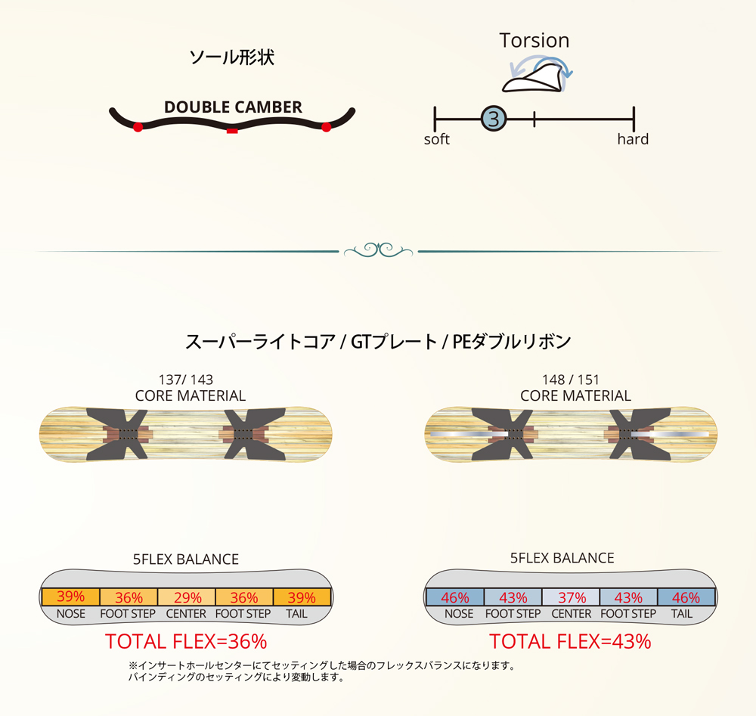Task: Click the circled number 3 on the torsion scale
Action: pos(494,118)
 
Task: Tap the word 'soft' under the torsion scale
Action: pos(437,139)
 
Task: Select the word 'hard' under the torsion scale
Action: pos(633,139)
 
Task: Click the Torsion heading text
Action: pos(534,40)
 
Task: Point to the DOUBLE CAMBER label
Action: pos(233,107)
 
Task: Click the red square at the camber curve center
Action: pos(232,131)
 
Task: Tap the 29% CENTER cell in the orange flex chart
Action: pos(186,597)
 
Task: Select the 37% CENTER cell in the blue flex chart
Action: pos(571,597)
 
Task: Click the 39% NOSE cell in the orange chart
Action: pos(70,597)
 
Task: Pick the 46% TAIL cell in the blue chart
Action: pos(686,597)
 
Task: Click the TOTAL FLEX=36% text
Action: pos(186,642)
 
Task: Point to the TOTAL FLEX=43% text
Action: pos(570,642)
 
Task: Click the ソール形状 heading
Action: pos(231,57)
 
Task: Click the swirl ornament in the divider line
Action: pos(378,250)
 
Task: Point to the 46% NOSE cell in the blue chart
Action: pos(455,597)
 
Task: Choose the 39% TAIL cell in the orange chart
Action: pos(302,597)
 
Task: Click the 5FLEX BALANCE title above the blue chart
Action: pos(562,559)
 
